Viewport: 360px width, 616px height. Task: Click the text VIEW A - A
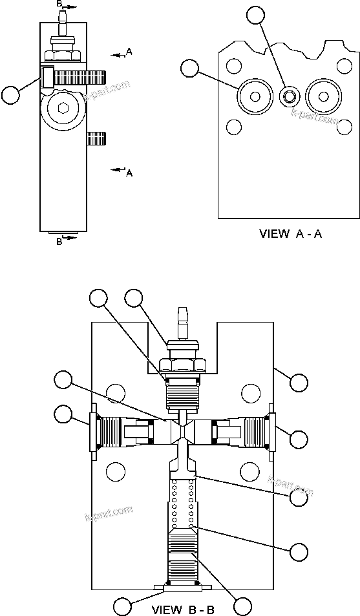[290, 234]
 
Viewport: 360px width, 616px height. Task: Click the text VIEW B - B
[183, 608]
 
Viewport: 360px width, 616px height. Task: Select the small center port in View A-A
[288, 97]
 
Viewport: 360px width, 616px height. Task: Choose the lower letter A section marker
[129, 173]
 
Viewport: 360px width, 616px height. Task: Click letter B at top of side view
[60, 4]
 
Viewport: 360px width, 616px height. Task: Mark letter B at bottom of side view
[59, 241]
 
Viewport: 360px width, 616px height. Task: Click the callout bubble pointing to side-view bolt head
[11, 95]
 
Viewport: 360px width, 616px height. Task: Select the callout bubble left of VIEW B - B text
[123, 606]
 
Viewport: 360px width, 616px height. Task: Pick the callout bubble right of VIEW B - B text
[242, 606]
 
